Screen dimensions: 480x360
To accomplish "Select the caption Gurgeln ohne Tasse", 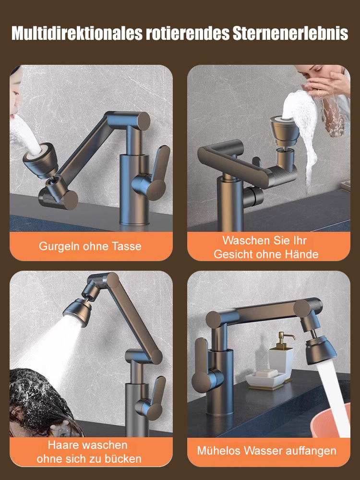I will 90,246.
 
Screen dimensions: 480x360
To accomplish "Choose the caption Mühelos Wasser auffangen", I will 267,451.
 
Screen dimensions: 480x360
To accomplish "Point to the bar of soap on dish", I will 267,373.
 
